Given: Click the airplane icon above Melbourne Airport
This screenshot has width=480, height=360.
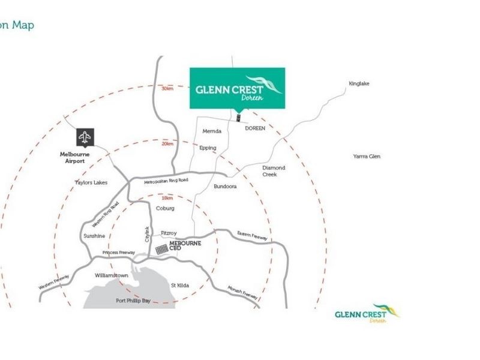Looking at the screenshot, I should (85, 137).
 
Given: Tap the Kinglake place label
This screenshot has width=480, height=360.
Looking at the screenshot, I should (359, 83).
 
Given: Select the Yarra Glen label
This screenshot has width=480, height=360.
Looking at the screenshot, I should (367, 157).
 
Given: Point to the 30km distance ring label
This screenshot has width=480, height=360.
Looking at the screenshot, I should (167, 88).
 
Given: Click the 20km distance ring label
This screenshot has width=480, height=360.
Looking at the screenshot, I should (167, 143).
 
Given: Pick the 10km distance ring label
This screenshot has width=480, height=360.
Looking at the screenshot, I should (167, 198).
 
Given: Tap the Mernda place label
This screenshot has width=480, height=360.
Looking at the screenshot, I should (212, 131).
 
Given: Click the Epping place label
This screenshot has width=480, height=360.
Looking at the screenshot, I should (208, 148).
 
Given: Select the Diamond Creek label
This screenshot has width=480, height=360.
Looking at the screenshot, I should (274, 171).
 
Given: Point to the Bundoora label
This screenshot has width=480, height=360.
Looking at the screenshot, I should (225, 187).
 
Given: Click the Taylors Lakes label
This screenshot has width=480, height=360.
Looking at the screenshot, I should (91, 182).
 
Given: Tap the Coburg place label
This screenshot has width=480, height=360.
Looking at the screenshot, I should (165, 208).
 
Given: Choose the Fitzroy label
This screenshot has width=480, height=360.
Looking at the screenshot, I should (169, 233).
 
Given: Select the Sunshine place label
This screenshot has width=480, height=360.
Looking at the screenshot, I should (94, 236).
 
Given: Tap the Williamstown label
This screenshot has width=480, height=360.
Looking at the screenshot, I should (112, 275).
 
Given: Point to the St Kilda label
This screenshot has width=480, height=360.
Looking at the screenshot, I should (180, 285).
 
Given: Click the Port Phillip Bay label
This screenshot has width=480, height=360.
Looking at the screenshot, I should (133, 301).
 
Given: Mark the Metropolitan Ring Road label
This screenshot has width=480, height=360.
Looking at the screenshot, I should (166, 180).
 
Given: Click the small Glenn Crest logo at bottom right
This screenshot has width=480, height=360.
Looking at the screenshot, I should (367, 313).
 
